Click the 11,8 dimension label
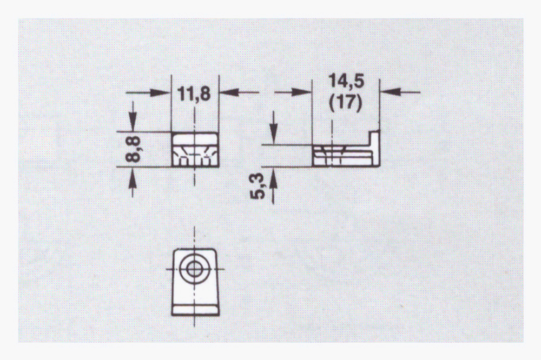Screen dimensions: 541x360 click(194, 94)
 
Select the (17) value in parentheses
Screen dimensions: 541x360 click(346, 102)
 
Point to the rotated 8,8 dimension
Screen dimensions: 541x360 click(133, 149)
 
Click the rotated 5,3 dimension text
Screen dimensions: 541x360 click(259, 186)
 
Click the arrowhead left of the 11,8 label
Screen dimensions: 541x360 click(161, 92)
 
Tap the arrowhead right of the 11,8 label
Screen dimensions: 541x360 click(229, 92)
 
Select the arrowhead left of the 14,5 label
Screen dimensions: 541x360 click(301, 92)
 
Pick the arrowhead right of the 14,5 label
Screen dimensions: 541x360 click(390, 92)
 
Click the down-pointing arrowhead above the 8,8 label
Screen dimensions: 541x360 click(133, 121)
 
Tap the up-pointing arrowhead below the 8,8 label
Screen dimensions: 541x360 click(133, 177)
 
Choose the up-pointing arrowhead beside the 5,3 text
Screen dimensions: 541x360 click(273, 178)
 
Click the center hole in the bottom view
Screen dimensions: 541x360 click(194, 269)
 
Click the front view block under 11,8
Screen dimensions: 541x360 click(195, 149)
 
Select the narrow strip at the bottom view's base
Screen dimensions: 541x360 click(195, 310)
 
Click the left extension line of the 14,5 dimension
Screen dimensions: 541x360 click(312, 112)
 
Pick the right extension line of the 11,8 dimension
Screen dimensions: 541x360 click(219, 103)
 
